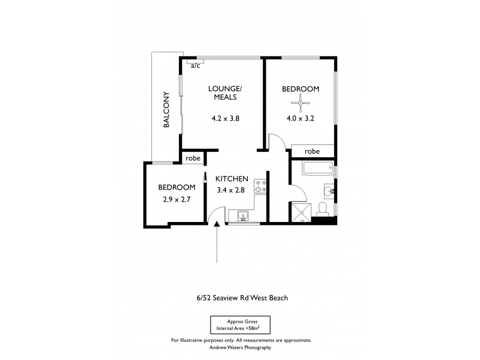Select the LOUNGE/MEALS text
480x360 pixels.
[x=224, y=93]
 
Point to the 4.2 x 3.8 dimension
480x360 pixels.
[x=225, y=118]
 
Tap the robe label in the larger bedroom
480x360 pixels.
[x=312, y=152]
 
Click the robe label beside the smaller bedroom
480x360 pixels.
[x=193, y=158]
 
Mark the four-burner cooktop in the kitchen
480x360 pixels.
[x=260, y=186]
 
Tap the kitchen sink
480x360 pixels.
[x=243, y=215]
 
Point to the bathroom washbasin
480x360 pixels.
[x=329, y=191]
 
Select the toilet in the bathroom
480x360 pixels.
[x=322, y=209]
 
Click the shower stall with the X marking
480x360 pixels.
[x=300, y=212]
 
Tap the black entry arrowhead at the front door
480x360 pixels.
[x=217, y=224]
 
